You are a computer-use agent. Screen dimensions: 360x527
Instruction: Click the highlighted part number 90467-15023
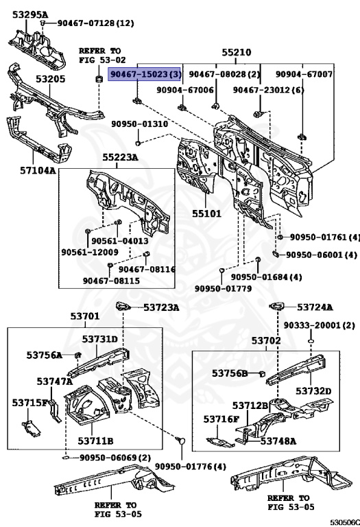141,74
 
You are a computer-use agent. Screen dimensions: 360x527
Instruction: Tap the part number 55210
236,52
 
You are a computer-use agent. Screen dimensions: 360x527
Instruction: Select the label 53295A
30,14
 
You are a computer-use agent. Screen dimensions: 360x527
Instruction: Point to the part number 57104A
38,170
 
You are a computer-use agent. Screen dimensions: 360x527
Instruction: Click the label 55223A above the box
120,157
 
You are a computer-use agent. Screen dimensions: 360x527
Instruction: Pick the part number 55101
206,213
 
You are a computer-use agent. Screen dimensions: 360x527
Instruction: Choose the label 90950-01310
140,124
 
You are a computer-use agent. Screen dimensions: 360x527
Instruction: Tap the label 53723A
161,307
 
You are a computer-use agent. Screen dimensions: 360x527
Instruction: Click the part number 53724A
315,307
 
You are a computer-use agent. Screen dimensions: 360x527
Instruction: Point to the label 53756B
230,373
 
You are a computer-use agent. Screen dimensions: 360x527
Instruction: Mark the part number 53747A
55,381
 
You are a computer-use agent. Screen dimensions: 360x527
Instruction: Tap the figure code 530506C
345,522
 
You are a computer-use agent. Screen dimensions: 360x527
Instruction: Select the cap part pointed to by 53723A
123,306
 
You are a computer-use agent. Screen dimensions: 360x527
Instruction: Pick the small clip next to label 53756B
263,373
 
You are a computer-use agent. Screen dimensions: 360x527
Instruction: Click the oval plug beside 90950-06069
66,458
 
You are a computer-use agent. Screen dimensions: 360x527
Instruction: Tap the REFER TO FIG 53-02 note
102,56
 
